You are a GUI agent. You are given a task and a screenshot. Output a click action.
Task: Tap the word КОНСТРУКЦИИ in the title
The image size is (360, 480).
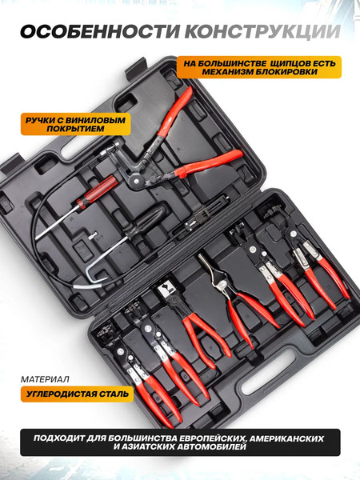click(x=263, y=31)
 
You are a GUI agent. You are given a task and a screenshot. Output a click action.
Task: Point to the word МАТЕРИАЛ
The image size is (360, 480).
click(x=45, y=379)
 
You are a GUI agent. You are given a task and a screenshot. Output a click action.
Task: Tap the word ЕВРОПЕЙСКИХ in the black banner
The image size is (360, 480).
click(x=204, y=438)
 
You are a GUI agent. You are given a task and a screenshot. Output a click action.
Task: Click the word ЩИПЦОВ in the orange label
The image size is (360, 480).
click(x=290, y=63)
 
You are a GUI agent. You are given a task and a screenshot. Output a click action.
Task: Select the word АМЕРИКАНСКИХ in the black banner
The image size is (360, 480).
click(x=287, y=438)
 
